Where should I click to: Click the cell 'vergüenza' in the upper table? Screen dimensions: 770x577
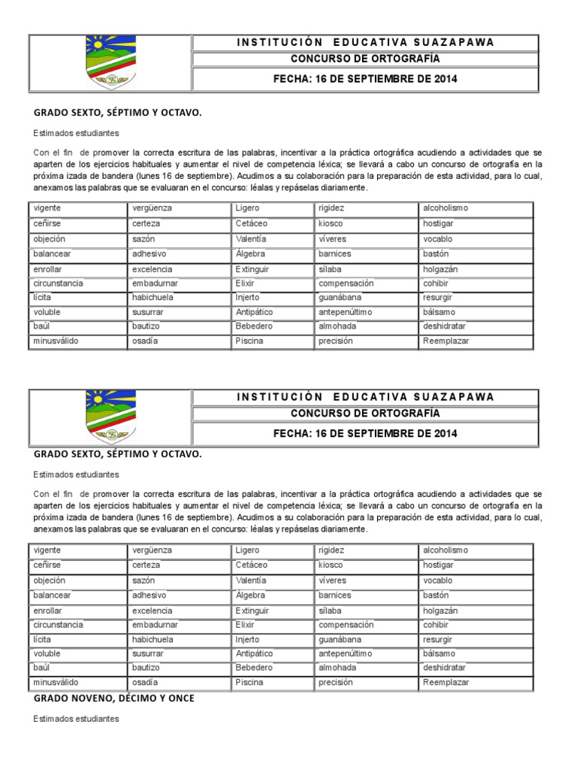(x=152, y=208)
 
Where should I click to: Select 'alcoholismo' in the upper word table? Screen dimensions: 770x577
(x=446, y=208)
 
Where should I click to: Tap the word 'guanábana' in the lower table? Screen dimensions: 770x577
(x=340, y=639)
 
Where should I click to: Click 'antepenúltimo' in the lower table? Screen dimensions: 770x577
(x=346, y=653)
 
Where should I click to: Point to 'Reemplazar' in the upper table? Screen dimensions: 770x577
(x=446, y=341)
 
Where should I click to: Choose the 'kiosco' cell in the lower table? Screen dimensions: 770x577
(x=331, y=565)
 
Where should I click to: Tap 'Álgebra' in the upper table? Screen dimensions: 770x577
(x=250, y=253)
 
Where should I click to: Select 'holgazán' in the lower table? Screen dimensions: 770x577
(x=441, y=611)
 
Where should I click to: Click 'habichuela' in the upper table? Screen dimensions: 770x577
(x=153, y=297)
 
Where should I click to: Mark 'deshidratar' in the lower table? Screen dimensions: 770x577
(x=444, y=667)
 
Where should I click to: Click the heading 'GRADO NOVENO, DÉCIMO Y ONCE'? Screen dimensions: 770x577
(x=114, y=699)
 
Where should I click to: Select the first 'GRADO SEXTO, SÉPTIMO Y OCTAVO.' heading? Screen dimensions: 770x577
(x=117, y=113)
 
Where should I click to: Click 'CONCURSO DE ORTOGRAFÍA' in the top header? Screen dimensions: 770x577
(x=365, y=59)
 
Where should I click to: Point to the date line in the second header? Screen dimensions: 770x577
(x=365, y=433)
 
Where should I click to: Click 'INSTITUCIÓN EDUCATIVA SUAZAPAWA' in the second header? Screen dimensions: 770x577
(x=365, y=397)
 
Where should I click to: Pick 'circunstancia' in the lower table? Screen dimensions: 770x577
(x=59, y=625)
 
